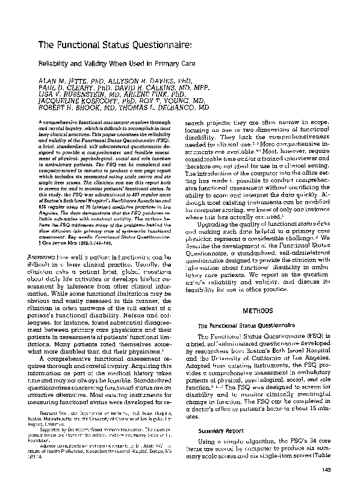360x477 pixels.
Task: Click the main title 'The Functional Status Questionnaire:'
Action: [x=115, y=45]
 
